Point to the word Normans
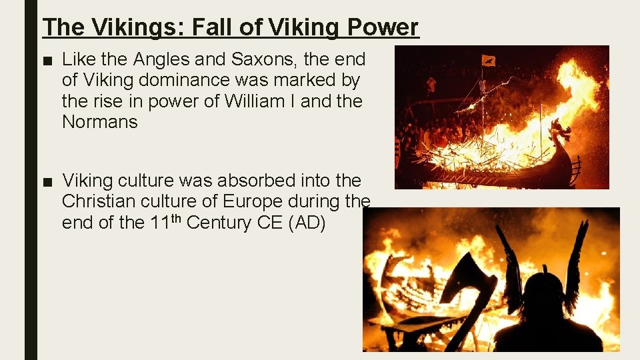click(x=99, y=122)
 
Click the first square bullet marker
click(x=47, y=61)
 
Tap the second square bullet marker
click(x=47, y=181)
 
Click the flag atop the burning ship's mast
click(x=489, y=61)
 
